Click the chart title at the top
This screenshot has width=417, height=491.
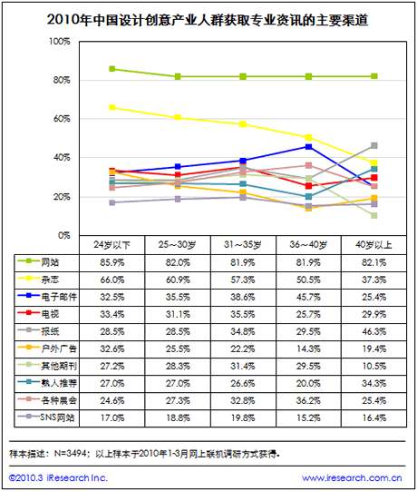click(x=208, y=20)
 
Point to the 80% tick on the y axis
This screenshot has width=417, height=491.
click(x=62, y=80)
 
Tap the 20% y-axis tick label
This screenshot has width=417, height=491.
click(x=62, y=197)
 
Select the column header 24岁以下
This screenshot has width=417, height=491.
click(x=112, y=244)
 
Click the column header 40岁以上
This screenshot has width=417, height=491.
click(x=373, y=244)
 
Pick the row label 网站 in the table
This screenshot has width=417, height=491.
click(x=50, y=262)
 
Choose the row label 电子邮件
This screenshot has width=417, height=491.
click(x=59, y=297)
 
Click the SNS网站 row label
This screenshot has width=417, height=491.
click(x=57, y=417)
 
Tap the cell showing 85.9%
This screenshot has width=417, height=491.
click(x=112, y=262)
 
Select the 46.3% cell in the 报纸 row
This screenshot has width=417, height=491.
click(x=373, y=331)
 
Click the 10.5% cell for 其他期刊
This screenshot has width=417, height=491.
click(x=373, y=366)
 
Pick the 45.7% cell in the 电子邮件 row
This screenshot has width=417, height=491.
click(x=308, y=297)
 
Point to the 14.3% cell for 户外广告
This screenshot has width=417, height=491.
click(x=308, y=349)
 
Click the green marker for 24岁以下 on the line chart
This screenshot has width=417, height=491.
click(x=112, y=69)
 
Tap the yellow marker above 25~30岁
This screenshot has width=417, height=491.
click(x=178, y=117)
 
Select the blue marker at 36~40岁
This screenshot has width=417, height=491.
click(x=308, y=146)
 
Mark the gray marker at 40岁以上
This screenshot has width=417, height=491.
click(x=373, y=145)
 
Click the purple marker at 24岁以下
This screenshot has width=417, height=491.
click(x=112, y=202)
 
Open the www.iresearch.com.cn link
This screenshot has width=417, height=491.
click(x=352, y=478)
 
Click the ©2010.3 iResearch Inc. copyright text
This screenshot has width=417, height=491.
click(x=58, y=478)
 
